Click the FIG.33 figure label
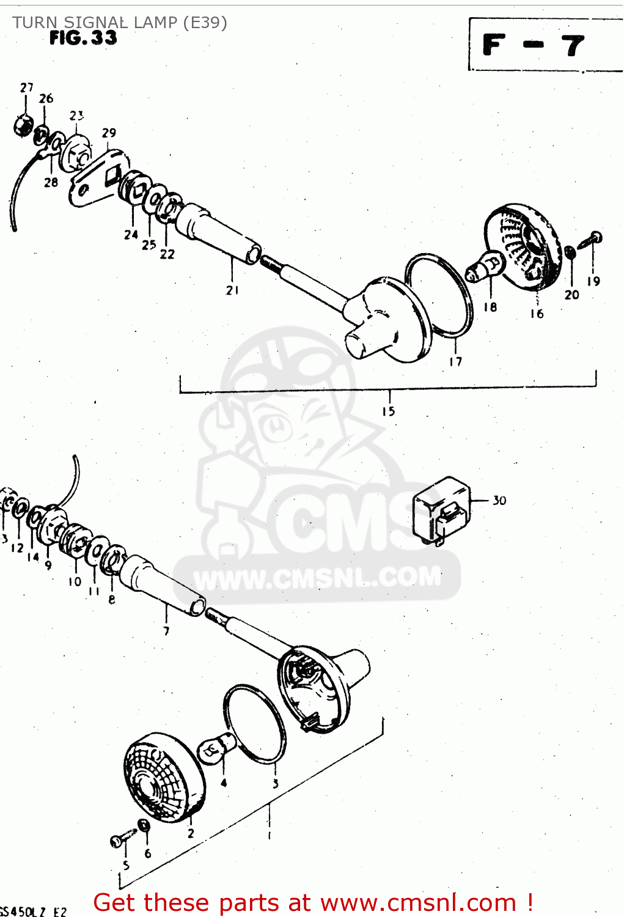(x=83, y=38)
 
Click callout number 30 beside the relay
(x=499, y=501)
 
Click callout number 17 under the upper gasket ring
(x=455, y=362)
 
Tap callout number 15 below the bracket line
(x=389, y=411)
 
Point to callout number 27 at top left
(x=26, y=88)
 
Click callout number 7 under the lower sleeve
(x=166, y=631)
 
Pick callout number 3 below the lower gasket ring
(x=276, y=784)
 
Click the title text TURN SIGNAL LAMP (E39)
(x=120, y=23)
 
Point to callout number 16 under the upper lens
(x=537, y=314)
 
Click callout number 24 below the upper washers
(x=131, y=235)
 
